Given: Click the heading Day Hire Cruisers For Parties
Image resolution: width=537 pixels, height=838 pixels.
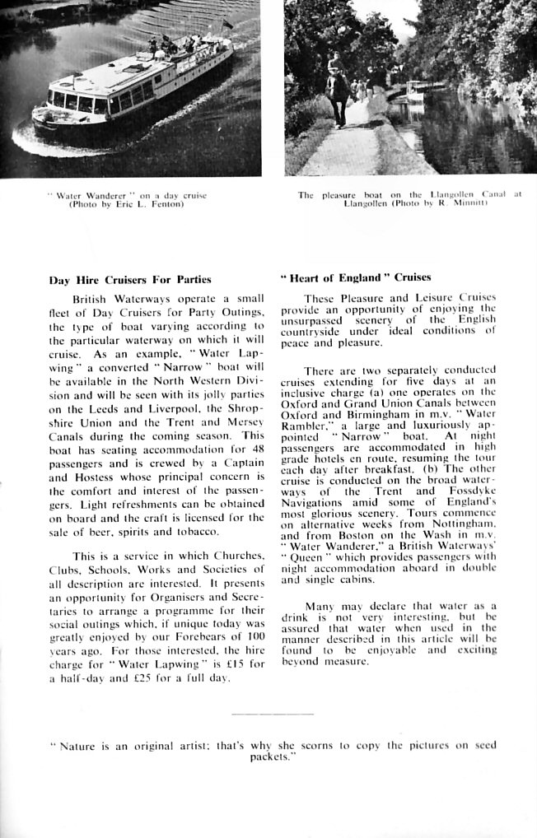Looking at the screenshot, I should (x=129, y=279).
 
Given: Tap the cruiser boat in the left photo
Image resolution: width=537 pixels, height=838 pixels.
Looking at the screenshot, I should (x=132, y=90).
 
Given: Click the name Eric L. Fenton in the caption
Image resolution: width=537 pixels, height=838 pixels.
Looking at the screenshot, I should (x=152, y=205).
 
